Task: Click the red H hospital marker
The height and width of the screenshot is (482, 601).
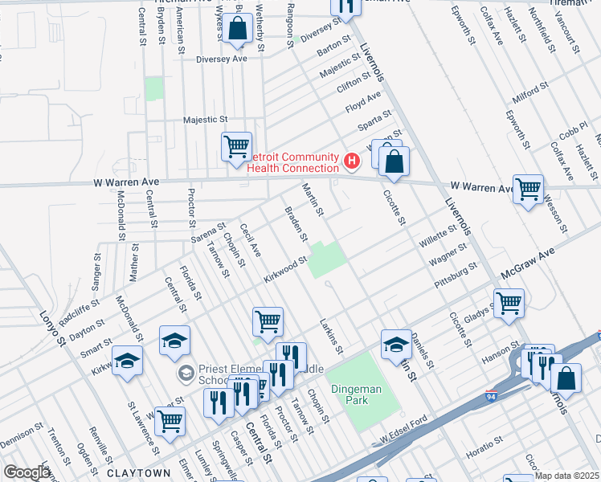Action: pos(351,161)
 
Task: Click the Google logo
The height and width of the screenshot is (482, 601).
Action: pos(27,472)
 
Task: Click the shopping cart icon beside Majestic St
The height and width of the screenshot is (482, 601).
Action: pos(236,147)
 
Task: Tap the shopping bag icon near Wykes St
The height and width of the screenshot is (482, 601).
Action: pos(239,29)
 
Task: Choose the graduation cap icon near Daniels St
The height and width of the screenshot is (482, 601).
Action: pos(396,344)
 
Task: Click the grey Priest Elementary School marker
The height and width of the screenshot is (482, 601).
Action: pos(186,372)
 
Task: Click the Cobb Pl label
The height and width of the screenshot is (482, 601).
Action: pos(574,127)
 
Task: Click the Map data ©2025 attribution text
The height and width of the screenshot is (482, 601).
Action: pos(567,476)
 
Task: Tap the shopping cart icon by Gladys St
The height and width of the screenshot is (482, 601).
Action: pos(509,304)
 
